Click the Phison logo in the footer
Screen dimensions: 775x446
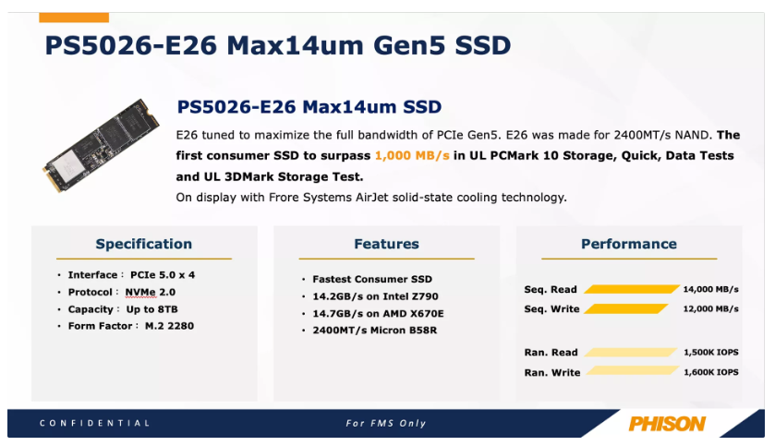(x=667, y=424)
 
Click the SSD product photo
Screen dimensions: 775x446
(x=102, y=145)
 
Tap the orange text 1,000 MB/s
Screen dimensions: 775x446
(x=412, y=155)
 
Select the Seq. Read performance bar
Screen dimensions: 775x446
(x=632, y=289)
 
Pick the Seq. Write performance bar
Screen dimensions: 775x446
(x=626, y=308)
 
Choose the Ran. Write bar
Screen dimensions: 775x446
(x=632, y=370)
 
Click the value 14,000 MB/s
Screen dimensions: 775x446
(x=710, y=289)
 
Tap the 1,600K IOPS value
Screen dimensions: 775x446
(x=710, y=372)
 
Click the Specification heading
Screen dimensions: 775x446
(x=144, y=244)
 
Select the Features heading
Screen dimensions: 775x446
(x=386, y=244)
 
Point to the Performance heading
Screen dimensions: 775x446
(x=629, y=244)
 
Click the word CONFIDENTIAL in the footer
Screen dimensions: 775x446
(x=94, y=423)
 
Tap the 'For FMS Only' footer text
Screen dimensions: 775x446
(x=386, y=423)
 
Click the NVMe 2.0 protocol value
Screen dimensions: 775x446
(x=151, y=293)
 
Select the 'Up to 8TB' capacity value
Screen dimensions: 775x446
(x=151, y=309)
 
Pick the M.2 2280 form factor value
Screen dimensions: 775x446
(x=169, y=326)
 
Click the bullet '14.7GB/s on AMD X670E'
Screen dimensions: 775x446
(x=378, y=314)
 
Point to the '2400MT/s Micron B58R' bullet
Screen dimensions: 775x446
(x=375, y=331)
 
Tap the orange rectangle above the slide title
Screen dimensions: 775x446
(x=74, y=18)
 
